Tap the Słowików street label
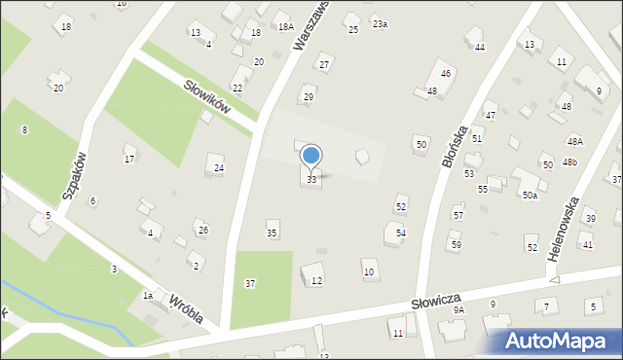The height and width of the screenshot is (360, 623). [x=206, y=95]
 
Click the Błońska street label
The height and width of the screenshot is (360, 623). [x=454, y=146]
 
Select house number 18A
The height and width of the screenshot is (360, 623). [x=285, y=27]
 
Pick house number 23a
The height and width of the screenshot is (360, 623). [x=380, y=23]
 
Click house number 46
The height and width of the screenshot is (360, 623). [x=446, y=74]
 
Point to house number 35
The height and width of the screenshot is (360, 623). [x=273, y=234]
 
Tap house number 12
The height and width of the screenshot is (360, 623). [x=317, y=281]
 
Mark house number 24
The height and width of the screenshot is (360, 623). [x=219, y=168]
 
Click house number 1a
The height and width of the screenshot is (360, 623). [x=148, y=295]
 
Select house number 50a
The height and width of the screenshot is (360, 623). [x=530, y=196]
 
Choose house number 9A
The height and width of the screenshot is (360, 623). [x=458, y=309]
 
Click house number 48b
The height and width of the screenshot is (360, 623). [x=569, y=162]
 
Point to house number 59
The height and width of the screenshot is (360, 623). [x=456, y=244]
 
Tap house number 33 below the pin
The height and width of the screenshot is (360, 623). [x=311, y=180]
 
